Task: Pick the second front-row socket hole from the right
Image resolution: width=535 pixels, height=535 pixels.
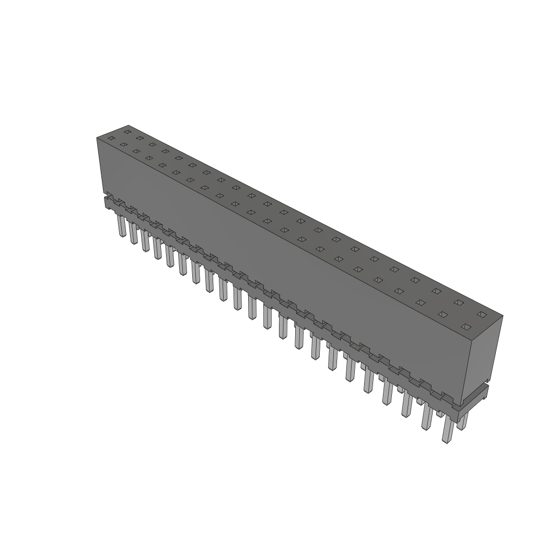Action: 443,315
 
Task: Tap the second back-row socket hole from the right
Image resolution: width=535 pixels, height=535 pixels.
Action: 459,303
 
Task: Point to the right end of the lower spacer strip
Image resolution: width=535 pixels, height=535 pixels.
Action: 473,402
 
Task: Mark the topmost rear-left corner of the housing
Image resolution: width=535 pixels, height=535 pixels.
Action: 128,125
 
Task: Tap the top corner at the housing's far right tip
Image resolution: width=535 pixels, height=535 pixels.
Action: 503,316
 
